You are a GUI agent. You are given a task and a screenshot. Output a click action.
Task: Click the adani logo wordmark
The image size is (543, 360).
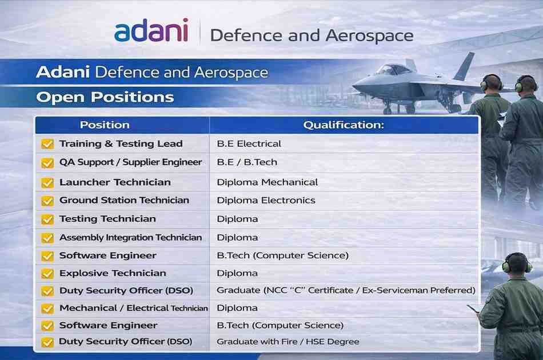tap(151, 31)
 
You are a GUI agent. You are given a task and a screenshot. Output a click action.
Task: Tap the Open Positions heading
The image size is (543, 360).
tap(105, 97)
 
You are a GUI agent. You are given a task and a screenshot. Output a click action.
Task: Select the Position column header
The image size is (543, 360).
tap(105, 125)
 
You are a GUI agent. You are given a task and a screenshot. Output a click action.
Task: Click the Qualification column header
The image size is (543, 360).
tap(344, 125)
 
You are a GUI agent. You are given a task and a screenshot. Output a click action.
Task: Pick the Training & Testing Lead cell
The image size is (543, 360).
tap(121, 144)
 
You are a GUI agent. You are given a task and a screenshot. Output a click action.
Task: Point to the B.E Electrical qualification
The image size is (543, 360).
tap(249, 144)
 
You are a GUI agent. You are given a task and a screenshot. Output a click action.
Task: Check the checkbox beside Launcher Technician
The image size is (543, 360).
tap(47, 183)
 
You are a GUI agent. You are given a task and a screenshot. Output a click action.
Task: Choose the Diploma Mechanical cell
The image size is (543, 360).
tap(267, 182)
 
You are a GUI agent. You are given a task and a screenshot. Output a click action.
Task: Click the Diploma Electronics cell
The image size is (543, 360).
tap(266, 201)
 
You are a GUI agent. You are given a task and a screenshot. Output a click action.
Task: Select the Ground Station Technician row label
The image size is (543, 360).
tap(124, 201)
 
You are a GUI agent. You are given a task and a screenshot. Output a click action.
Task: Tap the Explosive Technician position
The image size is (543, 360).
tap(113, 273)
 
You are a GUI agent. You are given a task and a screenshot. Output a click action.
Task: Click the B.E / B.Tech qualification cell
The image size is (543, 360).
tap(247, 162)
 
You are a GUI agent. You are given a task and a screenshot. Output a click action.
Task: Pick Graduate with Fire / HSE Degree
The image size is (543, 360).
tap(288, 342)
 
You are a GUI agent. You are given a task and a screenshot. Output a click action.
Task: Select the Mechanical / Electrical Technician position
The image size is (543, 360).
tap(133, 308)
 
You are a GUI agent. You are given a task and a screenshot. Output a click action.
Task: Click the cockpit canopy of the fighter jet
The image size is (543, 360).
tap(394, 69)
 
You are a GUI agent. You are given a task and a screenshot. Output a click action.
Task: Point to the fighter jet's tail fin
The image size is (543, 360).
tap(465, 66)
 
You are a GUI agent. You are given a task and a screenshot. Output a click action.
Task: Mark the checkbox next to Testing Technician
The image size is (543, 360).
tap(47, 219)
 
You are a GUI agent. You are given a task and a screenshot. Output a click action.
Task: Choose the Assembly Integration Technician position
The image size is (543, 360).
tap(130, 237)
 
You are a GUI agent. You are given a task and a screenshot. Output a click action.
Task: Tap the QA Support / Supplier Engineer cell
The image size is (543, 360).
tap(130, 162)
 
